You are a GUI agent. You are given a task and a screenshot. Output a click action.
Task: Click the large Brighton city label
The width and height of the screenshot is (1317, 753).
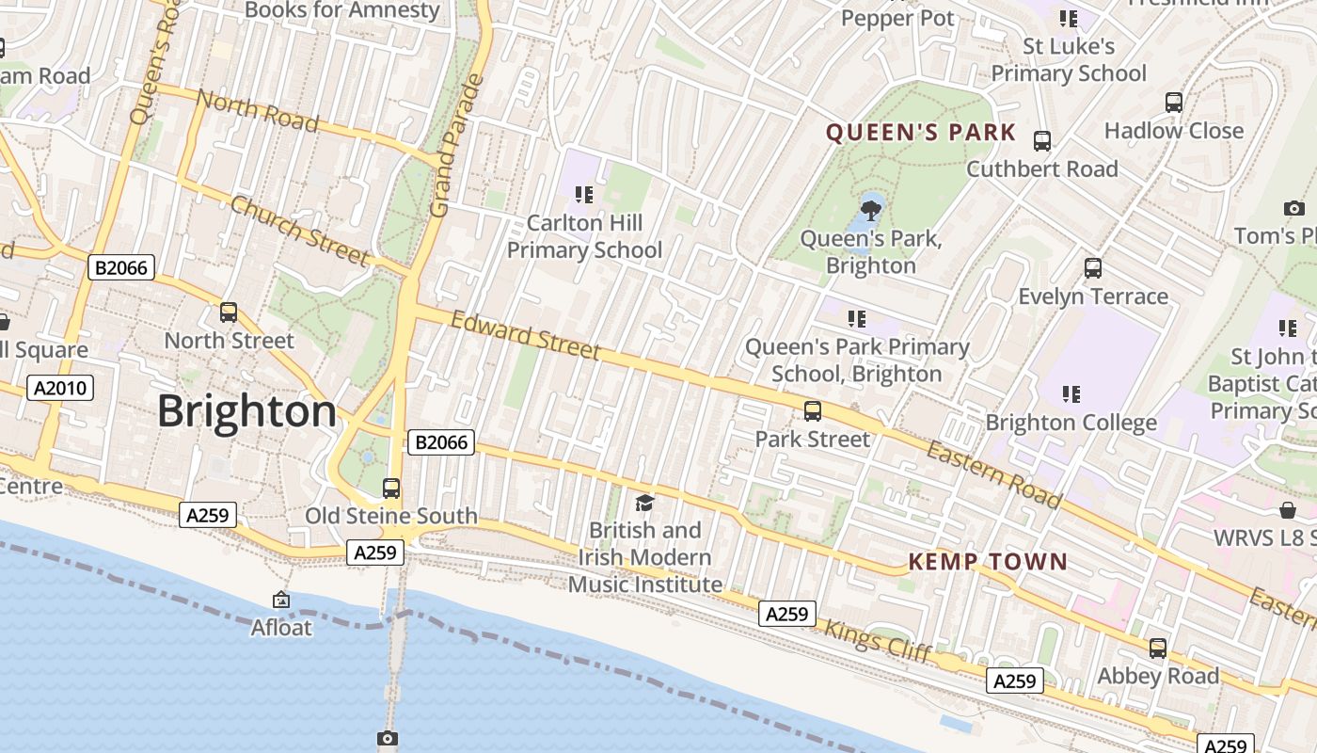pos(246,412)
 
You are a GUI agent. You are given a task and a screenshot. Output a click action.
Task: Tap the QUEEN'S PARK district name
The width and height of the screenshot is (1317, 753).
pos(921,133)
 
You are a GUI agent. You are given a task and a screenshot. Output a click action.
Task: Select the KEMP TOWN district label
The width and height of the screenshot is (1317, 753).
pos(988,563)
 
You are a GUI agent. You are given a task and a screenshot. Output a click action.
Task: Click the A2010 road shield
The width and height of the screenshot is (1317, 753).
pos(62,388)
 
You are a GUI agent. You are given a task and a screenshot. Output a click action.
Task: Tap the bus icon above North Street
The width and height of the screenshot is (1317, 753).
pos(229,312)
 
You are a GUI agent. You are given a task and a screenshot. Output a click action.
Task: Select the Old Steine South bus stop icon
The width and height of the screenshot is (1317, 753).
pos(391,489)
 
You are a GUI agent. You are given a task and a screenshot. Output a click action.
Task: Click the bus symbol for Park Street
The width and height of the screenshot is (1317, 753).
pos(813,411)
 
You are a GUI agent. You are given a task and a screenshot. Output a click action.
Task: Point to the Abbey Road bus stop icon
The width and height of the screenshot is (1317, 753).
pos(1158,649)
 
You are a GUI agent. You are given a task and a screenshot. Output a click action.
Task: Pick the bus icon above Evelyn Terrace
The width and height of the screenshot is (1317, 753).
pos(1093,268)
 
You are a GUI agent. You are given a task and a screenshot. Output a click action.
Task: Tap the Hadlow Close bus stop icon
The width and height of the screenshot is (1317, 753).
pos(1174,103)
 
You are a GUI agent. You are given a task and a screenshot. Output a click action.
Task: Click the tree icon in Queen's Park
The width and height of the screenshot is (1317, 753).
pos(871,209)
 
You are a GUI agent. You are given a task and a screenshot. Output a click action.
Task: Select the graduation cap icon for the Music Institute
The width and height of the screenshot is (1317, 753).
pos(644,504)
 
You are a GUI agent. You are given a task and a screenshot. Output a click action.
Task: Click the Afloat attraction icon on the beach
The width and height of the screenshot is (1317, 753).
pos(280,600)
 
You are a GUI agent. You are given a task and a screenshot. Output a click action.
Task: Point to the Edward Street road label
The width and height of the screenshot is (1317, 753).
pos(525,336)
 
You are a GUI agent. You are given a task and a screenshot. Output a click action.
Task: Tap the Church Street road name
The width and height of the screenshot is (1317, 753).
pos(299,231)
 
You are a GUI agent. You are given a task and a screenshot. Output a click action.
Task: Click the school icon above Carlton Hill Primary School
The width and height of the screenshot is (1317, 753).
pos(584,195)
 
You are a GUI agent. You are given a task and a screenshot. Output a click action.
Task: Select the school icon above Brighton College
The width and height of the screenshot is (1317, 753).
pos(1071,394)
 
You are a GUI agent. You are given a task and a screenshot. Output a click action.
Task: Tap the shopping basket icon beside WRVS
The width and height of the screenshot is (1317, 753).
pos(1288,510)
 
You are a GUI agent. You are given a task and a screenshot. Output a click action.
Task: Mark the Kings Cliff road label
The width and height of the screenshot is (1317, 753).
pos(878,640)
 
